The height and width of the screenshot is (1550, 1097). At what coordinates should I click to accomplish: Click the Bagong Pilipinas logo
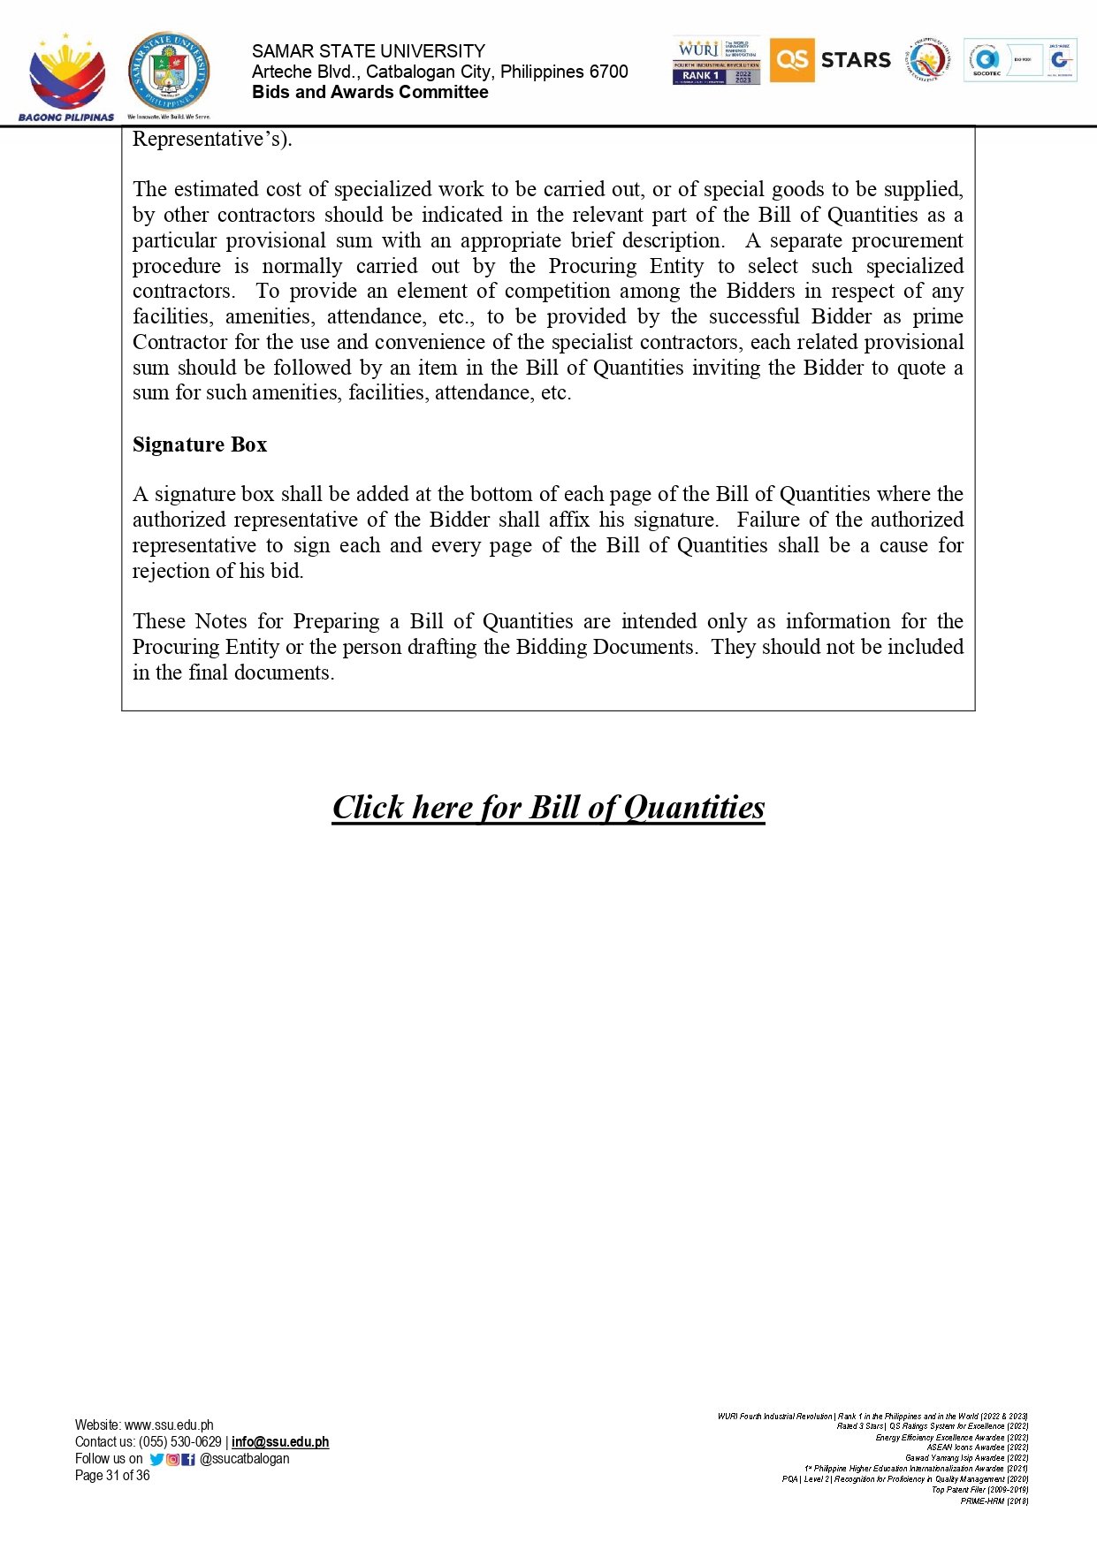[x=66, y=78]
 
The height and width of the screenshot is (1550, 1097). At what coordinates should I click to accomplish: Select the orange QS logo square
[x=791, y=60]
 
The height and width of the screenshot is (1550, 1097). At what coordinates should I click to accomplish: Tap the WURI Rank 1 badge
[x=716, y=61]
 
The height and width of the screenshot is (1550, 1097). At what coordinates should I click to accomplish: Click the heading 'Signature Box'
[x=200, y=444]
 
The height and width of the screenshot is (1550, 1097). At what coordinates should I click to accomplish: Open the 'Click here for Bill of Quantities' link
[x=548, y=807]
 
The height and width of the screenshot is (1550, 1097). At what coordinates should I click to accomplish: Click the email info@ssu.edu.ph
[x=280, y=1442]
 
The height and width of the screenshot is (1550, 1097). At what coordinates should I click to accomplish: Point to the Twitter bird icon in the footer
[x=156, y=1459]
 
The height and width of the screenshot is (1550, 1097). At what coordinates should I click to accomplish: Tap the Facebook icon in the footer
[x=188, y=1459]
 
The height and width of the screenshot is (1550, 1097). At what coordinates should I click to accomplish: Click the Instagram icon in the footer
[x=173, y=1459]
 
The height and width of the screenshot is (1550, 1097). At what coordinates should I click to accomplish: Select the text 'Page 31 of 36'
[x=112, y=1476]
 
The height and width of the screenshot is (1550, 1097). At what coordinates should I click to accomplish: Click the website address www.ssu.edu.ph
[x=169, y=1425]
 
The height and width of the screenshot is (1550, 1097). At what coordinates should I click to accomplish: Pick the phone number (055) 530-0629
[x=180, y=1442]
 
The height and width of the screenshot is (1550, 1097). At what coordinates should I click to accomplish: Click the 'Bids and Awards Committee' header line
[x=369, y=92]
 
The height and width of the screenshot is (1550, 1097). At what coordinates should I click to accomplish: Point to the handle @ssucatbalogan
[x=245, y=1459]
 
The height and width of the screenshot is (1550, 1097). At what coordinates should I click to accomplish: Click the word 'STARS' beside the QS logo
[x=856, y=60]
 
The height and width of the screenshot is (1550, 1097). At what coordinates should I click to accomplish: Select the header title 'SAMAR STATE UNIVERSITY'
[x=368, y=51]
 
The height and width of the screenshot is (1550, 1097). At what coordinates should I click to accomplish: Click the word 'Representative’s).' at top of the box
[x=212, y=140]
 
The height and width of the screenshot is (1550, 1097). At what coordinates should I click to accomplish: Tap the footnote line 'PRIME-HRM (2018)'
[x=994, y=1501]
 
